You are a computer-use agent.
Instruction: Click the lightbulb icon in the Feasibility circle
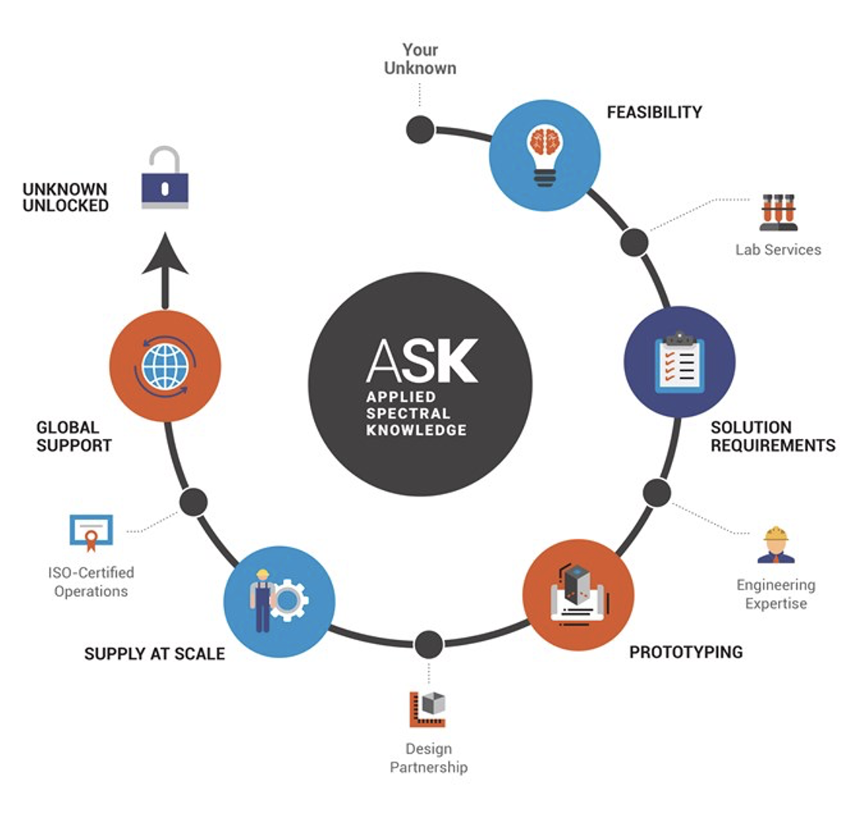(544, 155)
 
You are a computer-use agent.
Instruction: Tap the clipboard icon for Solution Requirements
(679, 362)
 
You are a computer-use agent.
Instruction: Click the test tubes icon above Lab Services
(778, 212)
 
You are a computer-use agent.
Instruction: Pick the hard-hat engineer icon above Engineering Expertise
(776, 545)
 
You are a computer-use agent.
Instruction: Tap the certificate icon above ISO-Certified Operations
(92, 533)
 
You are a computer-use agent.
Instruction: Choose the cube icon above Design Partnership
(428, 708)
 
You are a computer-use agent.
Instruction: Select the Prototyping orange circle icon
(578, 594)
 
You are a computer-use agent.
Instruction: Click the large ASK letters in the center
(421, 361)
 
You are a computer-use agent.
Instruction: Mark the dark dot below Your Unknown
(420, 129)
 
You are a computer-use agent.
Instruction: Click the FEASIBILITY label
(654, 112)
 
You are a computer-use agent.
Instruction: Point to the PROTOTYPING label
(686, 652)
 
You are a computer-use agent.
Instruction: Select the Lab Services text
(778, 250)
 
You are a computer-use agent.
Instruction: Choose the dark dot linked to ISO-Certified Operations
(193, 501)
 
